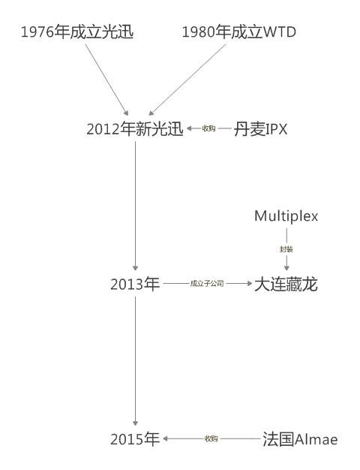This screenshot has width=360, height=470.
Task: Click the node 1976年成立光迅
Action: [77, 32]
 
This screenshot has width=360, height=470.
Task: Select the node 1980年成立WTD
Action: [239, 32]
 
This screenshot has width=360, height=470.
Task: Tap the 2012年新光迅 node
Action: [135, 129]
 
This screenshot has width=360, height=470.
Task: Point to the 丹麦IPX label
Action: [260, 129]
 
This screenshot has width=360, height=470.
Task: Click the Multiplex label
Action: [286, 216]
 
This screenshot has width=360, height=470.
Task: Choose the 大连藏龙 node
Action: [286, 284]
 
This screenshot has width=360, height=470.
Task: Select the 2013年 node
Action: [135, 284]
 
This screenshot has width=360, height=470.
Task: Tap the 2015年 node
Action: [135, 439]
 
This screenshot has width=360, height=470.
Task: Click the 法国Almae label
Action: [300, 439]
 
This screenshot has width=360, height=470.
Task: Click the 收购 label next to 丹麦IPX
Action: [208, 128]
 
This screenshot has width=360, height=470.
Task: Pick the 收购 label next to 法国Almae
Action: [211, 438]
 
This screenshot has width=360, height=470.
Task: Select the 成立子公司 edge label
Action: [207, 283]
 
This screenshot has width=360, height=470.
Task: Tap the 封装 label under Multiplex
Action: [286, 249]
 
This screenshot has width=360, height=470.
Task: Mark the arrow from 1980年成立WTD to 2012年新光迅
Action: [187, 80]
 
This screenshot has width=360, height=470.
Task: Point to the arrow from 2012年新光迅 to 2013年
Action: [135, 206]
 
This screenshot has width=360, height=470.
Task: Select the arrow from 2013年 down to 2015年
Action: [135, 361]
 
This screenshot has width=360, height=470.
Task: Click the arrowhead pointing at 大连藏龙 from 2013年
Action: [250, 283]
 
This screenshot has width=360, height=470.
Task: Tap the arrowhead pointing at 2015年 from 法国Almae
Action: [165, 438]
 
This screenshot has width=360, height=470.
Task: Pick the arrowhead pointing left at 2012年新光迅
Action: [189, 128]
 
